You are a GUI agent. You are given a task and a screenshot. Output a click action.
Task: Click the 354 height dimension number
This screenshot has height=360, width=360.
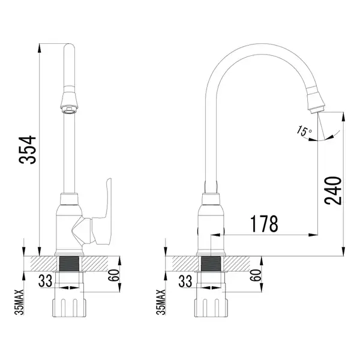pyautogui.click(x=28, y=149)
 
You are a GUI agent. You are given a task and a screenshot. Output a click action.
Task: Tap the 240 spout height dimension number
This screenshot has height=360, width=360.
pyautogui.click(x=333, y=191)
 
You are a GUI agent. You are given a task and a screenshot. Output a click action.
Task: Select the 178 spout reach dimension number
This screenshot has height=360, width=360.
pyautogui.click(x=264, y=224)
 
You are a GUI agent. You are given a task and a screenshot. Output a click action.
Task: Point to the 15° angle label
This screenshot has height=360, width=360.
pyautogui.click(x=304, y=131)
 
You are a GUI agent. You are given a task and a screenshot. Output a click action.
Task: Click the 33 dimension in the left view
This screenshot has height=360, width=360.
pyautogui.click(x=46, y=281)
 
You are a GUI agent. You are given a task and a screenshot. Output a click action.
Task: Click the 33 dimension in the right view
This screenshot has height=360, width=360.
pyautogui.click(x=185, y=281)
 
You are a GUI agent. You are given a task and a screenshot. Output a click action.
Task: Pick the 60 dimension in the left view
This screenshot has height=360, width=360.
pyautogui.click(x=114, y=276)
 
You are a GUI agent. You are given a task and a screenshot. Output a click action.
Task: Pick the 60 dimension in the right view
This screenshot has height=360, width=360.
pyautogui.click(x=256, y=275)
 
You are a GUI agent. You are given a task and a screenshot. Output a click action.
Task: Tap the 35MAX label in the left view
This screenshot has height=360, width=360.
pyautogui.click(x=19, y=302)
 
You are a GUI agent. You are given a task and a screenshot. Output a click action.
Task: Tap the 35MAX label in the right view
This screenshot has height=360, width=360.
pyautogui.click(x=161, y=302)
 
